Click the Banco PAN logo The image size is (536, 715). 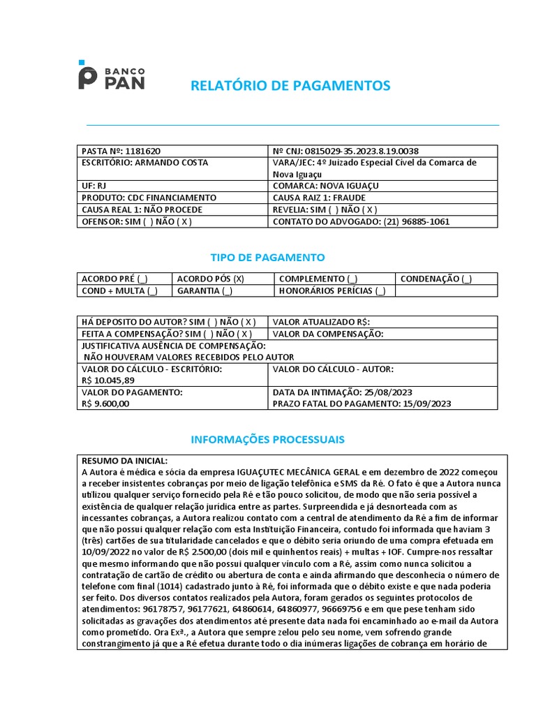coord(112,75)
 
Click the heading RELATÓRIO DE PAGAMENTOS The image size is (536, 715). coord(291,86)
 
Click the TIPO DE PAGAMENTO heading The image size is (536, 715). coord(268,258)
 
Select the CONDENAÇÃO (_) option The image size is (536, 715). coord(435,279)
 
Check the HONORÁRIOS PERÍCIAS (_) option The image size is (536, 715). coord(332,291)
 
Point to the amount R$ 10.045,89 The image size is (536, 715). coord(108,381)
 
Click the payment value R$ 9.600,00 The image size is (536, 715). coord(105,404)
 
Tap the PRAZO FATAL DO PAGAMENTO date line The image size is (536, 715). coord(362,404)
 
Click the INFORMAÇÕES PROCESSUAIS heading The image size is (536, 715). coord(268,439)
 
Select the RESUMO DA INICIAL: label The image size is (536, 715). coord(125,461)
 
